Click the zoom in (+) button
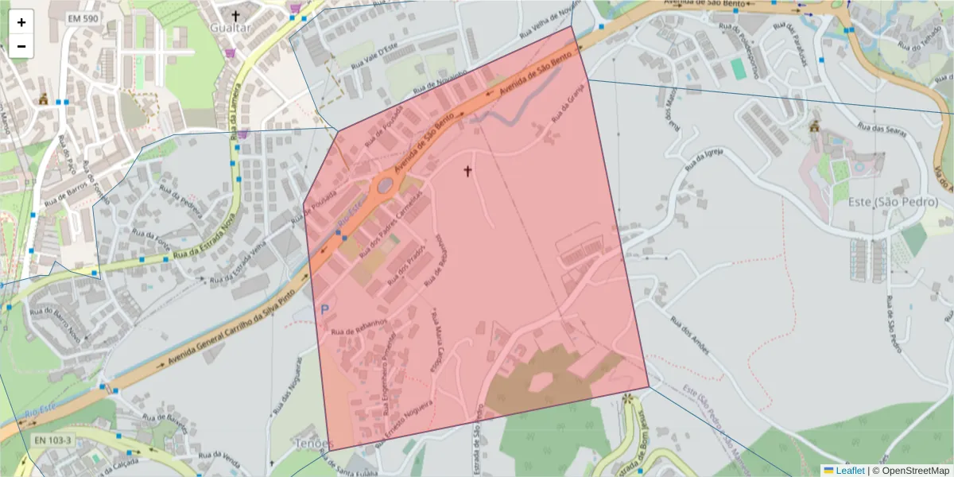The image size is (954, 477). [x=21, y=22]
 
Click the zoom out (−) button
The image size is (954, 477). [x=21, y=46]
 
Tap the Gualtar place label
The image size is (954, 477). [x=230, y=28]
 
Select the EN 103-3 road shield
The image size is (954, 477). [x=53, y=440]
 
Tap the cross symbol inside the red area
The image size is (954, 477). [x=467, y=170]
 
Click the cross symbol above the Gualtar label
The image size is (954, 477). [x=235, y=14]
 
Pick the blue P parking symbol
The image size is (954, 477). [x=324, y=308]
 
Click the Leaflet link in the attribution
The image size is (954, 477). [x=849, y=471]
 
